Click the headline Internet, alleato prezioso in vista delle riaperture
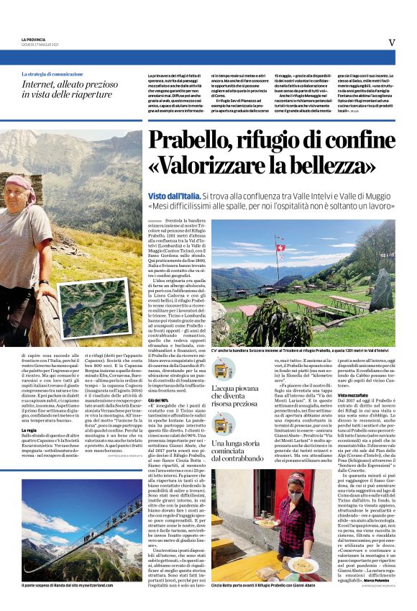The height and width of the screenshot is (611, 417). coord(68,89)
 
